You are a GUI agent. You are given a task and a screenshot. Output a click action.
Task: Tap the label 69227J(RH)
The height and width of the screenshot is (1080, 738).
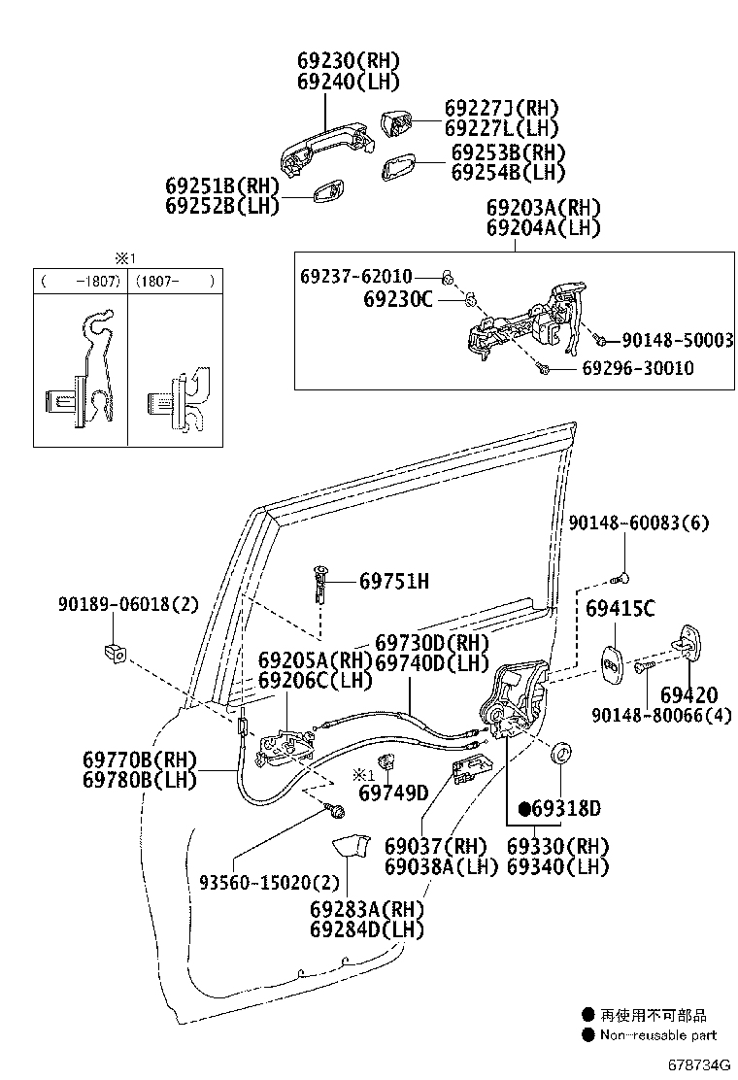(501, 108)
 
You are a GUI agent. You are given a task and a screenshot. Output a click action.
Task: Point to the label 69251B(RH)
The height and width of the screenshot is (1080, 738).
(221, 186)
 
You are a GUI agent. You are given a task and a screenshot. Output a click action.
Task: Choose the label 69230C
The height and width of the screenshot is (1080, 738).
(397, 300)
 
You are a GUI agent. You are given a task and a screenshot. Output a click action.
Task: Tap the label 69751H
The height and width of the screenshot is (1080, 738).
(393, 582)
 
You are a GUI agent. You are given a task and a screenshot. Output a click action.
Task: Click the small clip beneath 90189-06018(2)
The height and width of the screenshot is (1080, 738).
(113, 651)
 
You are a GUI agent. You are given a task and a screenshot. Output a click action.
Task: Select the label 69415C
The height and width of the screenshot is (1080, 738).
(620, 609)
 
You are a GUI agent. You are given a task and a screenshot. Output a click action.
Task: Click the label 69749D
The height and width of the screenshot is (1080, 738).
(393, 793)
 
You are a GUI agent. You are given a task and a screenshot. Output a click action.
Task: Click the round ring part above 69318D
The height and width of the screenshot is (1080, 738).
(561, 753)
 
